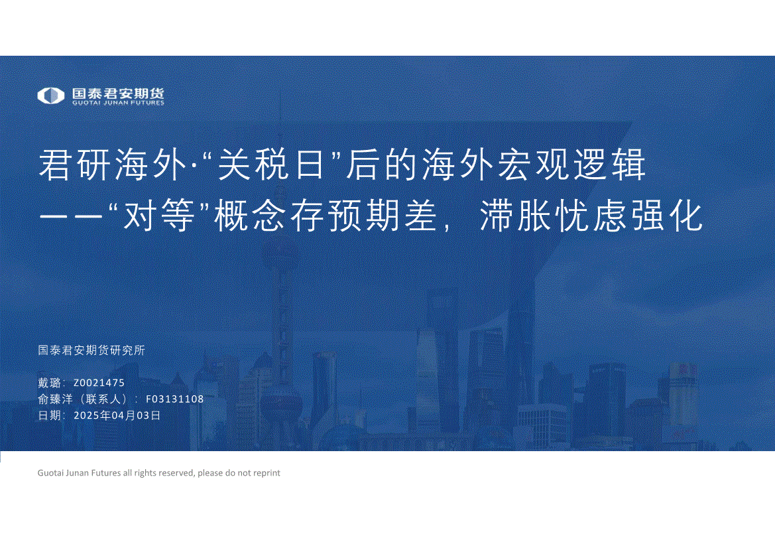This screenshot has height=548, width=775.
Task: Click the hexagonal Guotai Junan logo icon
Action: pyautogui.click(x=51, y=96)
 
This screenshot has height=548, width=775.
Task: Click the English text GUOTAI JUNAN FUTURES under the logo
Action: pyautogui.click(x=118, y=103)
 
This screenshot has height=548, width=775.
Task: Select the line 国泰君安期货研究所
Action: pyautogui.click(x=91, y=350)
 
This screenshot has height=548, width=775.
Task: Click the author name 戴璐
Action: pyautogui.click(x=50, y=383)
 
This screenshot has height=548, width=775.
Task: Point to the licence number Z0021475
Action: pyautogui.click(x=99, y=383)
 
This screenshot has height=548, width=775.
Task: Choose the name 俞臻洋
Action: pyautogui.click(x=56, y=399)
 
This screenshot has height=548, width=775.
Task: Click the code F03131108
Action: pyautogui.click(x=174, y=399)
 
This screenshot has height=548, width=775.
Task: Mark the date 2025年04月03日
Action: pyautogui.click(x=117, y=415)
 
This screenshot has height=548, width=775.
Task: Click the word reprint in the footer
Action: pyautogui.click(x=267, y=473)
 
